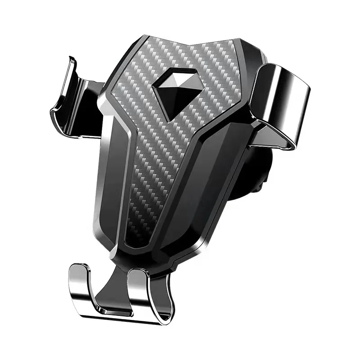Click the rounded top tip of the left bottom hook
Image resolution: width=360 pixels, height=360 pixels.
pyautogui.click(x=79, y=268)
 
